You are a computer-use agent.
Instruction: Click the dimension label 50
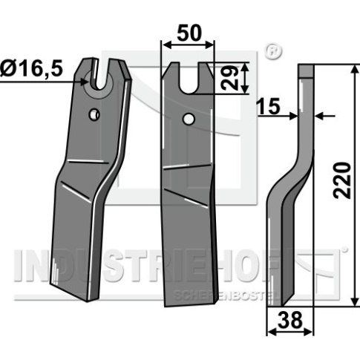(x=189, y=33)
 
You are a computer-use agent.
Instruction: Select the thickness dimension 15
(x=269, y=106)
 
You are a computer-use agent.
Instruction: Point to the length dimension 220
(x=342, y=180)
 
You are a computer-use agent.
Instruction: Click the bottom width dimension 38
(x=290, y=320)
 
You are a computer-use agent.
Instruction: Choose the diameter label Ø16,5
(x=31, y=68)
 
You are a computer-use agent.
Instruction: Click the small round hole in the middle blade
(x=189, y=119)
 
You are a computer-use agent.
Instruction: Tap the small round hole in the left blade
(x=94, y=114)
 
